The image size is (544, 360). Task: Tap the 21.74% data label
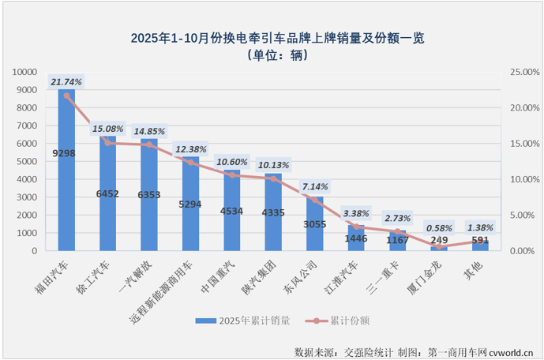(x=66, y=81)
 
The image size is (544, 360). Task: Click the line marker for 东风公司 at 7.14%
(x=315, y=200)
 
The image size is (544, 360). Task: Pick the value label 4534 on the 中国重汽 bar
(x=232, y=210)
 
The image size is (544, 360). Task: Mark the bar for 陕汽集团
(x=273, y=213)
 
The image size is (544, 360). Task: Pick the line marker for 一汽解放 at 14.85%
(x=149, y=144)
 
